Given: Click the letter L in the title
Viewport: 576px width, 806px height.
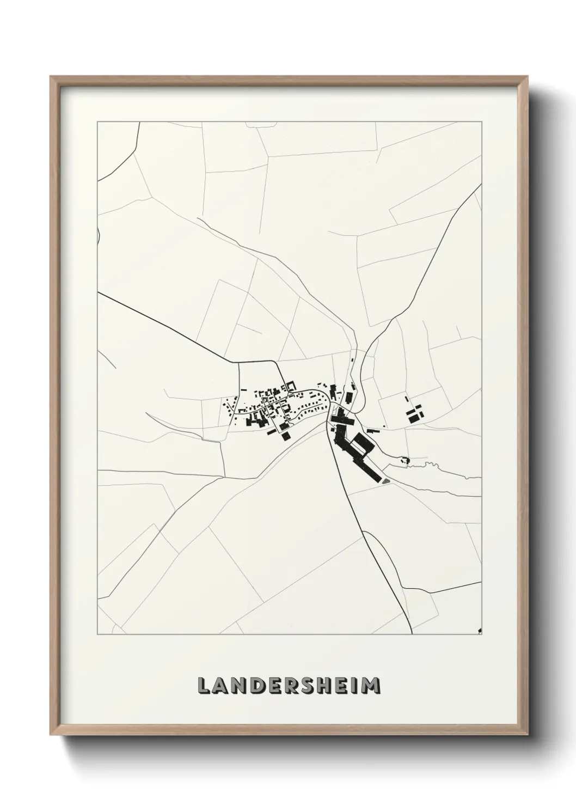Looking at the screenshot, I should point(204,685).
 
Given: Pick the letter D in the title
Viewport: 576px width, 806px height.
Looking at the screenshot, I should point(250,685).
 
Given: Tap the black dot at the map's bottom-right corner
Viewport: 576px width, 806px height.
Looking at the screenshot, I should point(480,631).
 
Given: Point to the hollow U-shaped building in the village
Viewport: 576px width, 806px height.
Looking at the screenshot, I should point(291,387).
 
